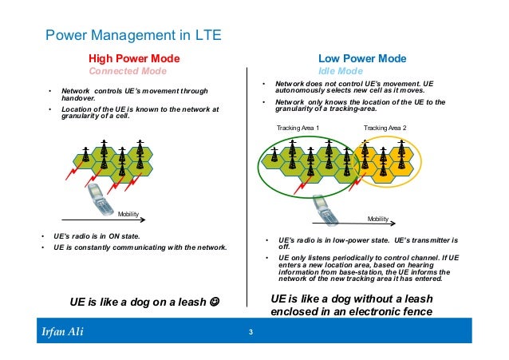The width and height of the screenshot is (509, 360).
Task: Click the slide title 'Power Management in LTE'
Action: pyautogui.click(x=132, y=36)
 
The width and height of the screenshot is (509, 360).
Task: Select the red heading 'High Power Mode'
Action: pyautogui.click(x=133, y=58)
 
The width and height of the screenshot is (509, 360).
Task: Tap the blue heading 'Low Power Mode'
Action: pyautogui.click(x=362, y=58)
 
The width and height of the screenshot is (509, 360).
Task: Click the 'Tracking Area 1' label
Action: pyautogui.click(x=298, y=128)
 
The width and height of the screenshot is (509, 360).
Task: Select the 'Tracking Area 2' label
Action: pyautogui.click(x=385, y=128)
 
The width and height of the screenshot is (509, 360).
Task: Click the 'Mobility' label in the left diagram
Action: pyautogui.click(x=128, y=214)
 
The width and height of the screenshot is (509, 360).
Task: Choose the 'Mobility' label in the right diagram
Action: pyautogui.click(x=377, y=218)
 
